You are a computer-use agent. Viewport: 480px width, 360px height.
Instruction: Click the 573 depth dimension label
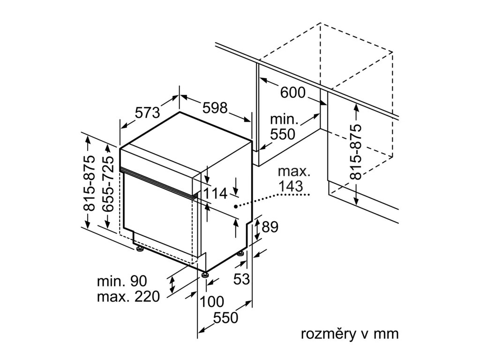148,112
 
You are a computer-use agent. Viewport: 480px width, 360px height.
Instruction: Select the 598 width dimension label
215,108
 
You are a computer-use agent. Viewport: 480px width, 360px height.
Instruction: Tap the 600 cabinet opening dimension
293,92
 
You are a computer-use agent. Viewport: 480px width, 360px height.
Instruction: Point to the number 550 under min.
282,134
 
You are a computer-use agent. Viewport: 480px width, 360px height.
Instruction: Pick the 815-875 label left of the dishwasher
90,183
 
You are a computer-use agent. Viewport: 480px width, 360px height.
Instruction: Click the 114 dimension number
215,194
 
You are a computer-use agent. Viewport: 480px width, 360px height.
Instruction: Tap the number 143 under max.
291,186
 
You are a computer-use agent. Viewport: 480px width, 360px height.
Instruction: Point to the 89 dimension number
270,227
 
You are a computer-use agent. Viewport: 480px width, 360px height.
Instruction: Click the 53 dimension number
242,279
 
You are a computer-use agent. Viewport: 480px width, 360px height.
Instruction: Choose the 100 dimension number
212,302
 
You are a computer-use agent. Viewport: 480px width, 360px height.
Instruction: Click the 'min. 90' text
122,281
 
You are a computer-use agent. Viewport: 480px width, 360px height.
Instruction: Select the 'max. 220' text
128,296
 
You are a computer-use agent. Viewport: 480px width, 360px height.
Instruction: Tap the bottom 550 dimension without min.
225,318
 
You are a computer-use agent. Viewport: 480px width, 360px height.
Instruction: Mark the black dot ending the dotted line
236,207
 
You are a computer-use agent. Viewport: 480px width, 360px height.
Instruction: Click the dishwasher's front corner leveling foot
205,274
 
